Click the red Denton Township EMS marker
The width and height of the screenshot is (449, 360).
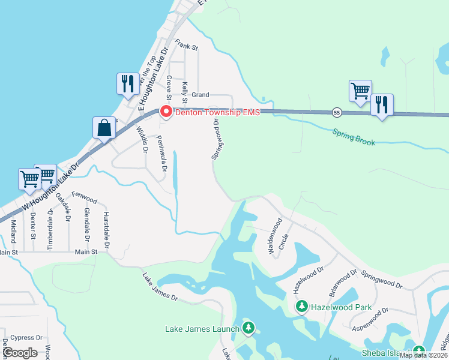point(165,112)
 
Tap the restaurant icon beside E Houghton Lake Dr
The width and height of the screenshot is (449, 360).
point(127,83)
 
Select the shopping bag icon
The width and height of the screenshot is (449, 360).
point(104,127)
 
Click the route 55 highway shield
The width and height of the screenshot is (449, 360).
point(337,112)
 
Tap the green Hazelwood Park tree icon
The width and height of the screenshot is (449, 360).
point(303,307)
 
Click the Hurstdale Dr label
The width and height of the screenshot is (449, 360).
point(106,230)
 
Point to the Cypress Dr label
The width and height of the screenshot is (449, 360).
point(26,338)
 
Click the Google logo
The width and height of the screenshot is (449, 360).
point(20,352)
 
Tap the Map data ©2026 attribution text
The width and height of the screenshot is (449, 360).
point(423,355)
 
